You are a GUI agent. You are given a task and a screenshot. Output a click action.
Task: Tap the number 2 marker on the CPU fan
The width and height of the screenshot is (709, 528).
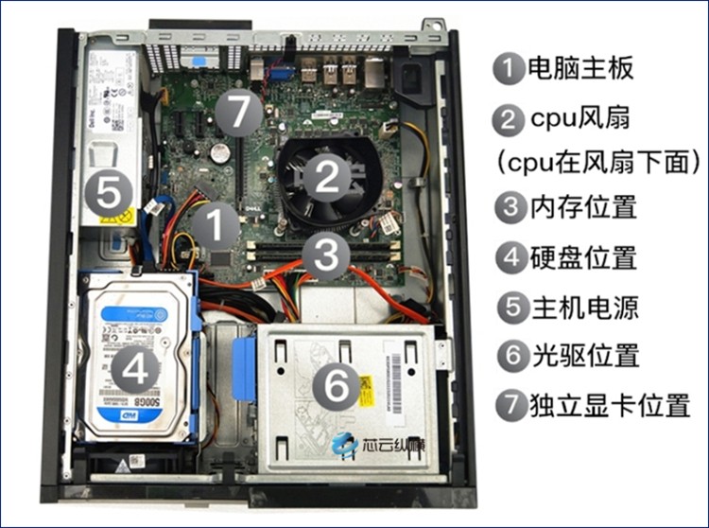[x=326, y=177]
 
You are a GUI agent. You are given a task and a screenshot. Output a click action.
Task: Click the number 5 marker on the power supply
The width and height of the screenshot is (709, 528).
[x=108, y=196]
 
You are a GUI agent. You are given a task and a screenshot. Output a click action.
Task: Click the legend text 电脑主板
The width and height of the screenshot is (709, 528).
[x=579, y=69]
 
